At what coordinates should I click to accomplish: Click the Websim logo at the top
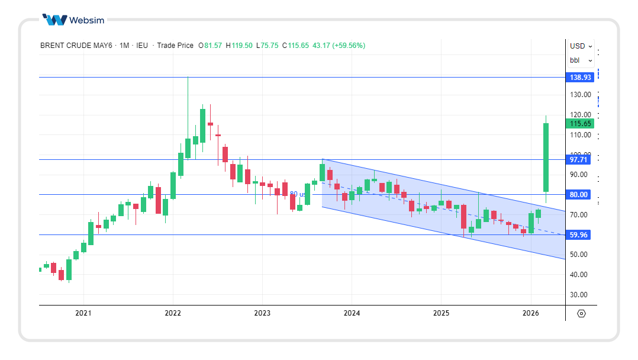pyautogui.click(x=73, y=20)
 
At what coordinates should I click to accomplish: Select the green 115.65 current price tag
pyautogui.click(x=581, y=124)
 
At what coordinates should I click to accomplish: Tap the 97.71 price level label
pyautogui.click(x=579, y=160)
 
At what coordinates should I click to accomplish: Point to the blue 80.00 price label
pyautogui.click(x=579, y=195)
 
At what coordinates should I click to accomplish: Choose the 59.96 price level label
pyautogui.click(x=579, y=235)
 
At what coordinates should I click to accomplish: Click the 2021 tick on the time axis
pyautogui.click(x=83, y=313)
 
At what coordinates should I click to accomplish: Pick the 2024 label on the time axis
pyautogui.click(x=352, y=313)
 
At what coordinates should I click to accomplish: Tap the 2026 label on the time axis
pyautogui.click(x=530, y=313)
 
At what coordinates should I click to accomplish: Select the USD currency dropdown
pyautogui.click(x=581, y=46)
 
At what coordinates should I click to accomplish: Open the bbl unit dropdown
pyautogui.click(x=578, y=60)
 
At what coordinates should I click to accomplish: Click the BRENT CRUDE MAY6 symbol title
pyautogui.click(x=76, y=46)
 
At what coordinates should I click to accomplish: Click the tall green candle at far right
pyautogui.click(x=546, y=156)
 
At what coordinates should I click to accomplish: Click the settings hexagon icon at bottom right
pyautogui.click(x=581, y=313)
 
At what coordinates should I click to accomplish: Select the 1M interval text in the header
pyautogui.click(x=124, y=46)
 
